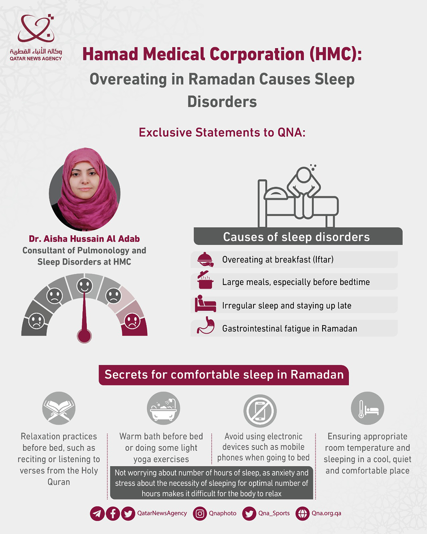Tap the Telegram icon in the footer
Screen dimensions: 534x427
click(x=97, y=513)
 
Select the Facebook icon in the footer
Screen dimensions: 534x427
click(x=113, y=513)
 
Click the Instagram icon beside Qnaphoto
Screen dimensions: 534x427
click(x=200, y=513)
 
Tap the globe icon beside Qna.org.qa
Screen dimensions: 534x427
click(x=302, y=513)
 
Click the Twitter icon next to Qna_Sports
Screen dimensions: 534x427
click(x=249, y=513)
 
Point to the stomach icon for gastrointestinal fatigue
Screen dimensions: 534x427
click(x=206, y=326)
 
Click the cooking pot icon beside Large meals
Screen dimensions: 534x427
click(x=205, y=280)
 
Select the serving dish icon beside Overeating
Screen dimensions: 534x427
click(x=205, y=259)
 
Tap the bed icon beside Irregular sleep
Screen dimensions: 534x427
click(x=205, y=304)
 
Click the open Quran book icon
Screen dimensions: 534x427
click(x=59, y=408)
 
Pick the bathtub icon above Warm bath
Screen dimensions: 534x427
click(x=163, y=408)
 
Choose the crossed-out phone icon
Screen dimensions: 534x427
click(x=260, y=411)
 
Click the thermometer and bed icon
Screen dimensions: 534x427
click(x=367, y=408)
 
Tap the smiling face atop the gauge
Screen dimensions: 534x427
click(x=84, y=286)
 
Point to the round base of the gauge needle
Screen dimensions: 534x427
click(x=84, y=336)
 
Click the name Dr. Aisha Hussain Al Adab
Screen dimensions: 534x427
click(x=84, y=239)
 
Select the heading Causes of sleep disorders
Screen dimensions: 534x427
click(x=297, y=237)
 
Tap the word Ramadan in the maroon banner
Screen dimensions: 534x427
click(x=317, y=375)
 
